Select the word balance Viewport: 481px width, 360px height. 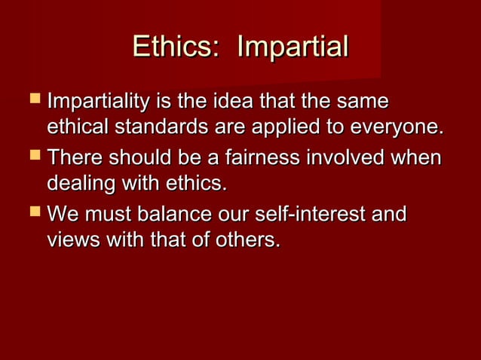[173, 216]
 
